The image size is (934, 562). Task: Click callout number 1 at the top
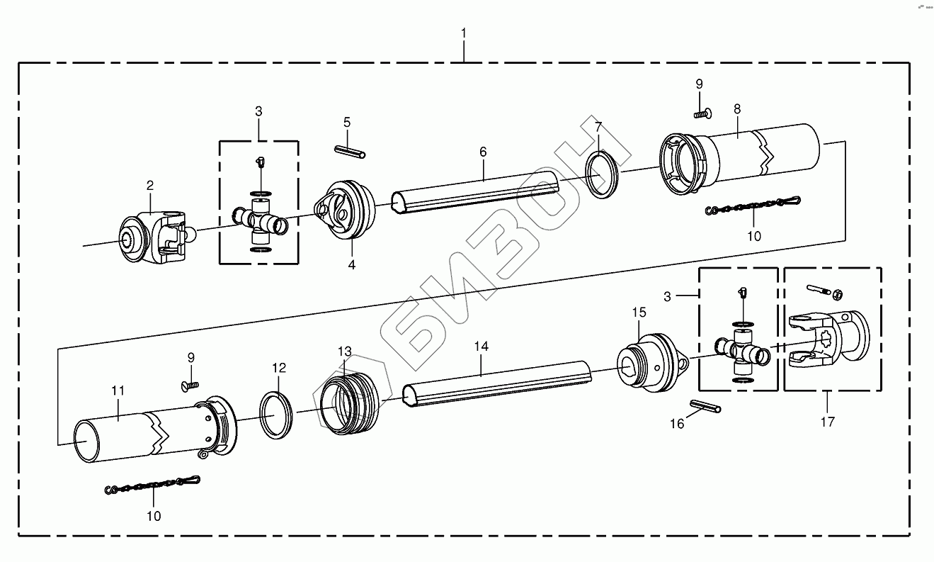point(464,33)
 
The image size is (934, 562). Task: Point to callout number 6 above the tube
point(483,152)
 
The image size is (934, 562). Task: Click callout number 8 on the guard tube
point(737,109)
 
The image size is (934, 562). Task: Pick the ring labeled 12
point(277,414)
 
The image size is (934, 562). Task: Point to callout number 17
point(827,422)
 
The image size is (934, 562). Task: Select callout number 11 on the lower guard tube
point(118,390)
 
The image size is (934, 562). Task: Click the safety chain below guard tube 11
point(153,485)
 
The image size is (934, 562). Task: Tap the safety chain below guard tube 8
point(753,208)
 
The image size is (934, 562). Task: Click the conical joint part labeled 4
point(346,210)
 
